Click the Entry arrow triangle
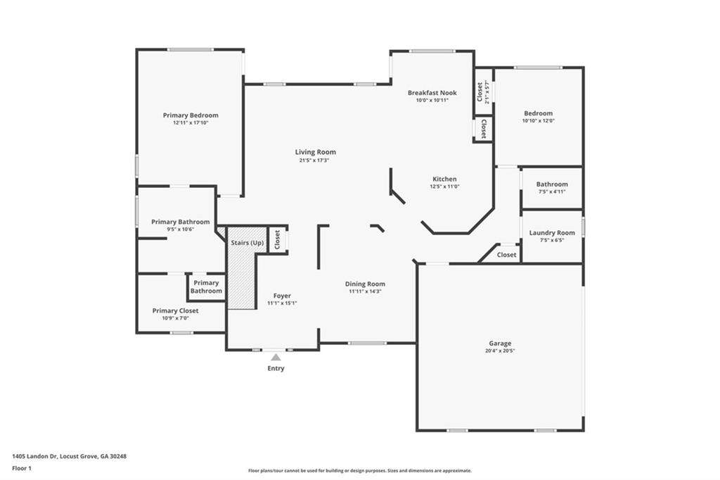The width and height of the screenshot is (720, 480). click(276, 358)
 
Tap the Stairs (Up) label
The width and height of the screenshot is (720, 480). click(247, 243)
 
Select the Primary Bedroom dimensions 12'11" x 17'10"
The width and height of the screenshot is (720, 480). click(191, 122)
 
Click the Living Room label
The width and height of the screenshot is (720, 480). click(316, 152)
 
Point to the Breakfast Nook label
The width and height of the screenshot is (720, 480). click(432, 93)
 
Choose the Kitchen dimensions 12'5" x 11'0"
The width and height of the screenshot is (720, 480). click(444, 187)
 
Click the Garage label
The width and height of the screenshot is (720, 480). click(500, 343)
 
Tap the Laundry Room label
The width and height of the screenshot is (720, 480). click(552, 233)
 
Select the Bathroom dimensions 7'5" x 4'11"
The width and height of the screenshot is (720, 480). click(552, 191)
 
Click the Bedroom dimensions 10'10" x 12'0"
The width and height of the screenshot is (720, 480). click(539, 121)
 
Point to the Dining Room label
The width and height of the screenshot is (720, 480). click(365, 284)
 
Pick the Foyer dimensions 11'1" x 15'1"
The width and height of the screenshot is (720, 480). click(282, 303)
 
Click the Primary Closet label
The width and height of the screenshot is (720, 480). click(175, 311)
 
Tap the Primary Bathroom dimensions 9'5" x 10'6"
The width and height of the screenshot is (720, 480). click(181, 229)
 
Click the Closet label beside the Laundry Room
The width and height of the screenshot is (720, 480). click(506, 255)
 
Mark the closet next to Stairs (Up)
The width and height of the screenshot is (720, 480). click(278, 239)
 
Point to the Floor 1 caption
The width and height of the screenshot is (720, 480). click(22, 469)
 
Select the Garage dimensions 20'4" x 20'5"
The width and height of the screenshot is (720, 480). click(500, 350)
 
